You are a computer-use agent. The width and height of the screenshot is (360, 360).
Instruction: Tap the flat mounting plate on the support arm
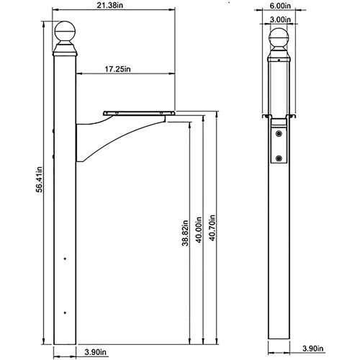click(140, 112)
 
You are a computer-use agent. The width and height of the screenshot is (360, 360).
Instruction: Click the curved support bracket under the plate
click(108, 137)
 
